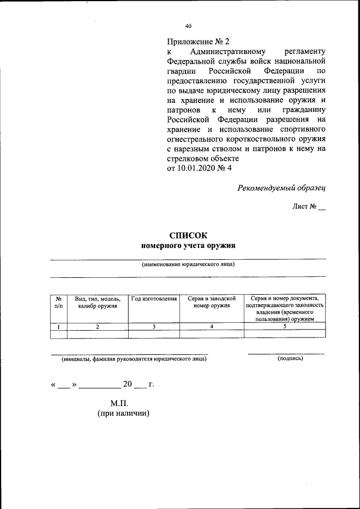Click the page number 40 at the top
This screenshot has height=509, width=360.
(188, 26)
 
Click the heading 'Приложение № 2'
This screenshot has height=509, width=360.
(199, 42)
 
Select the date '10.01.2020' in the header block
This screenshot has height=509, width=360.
(197, 169)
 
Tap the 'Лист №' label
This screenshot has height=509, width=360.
(304, 207)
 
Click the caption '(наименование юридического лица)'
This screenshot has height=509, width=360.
(188, 264)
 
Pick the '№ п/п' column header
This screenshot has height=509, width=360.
(58, 302)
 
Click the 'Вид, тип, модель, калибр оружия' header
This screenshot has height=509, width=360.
(97, 302)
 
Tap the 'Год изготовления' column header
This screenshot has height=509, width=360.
(154, 299)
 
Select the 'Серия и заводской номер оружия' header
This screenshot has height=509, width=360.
(211, 302)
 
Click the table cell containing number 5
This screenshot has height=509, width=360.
(285, 326)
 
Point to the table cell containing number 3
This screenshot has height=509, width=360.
(154, 326)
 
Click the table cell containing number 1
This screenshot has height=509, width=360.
(58, 326)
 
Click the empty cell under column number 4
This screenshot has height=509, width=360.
(211, 334)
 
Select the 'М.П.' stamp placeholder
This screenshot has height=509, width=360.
(120, 403)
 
